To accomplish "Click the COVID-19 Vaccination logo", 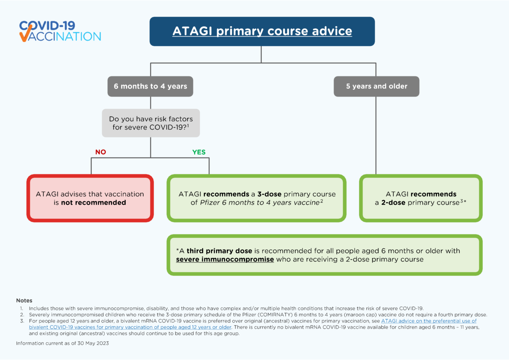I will (x=60, y=31).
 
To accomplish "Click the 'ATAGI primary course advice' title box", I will (x=262, y=31).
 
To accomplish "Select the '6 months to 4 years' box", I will (x=150, y=86).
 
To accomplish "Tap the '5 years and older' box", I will (x=376, y=86).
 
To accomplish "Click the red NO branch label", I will (x=101, y=152).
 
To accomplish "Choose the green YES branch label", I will (x=199, y=152).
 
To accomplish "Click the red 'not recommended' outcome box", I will (x=90, y=198).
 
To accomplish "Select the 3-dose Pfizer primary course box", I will (x=256, y=198).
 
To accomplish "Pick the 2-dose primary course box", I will (x=421, y=198).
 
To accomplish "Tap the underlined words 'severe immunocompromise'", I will (x=225, y=259).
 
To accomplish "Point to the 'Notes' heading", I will (x=24, y=301).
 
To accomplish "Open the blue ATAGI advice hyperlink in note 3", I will (x=429, y=321).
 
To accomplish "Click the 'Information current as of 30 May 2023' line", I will (x=62, y=343).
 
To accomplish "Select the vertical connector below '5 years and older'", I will (x=376, y=135).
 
